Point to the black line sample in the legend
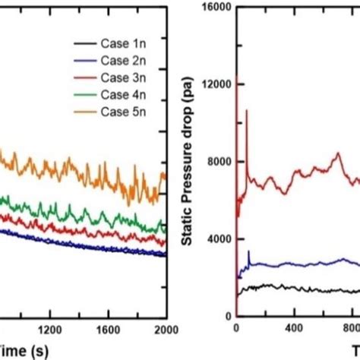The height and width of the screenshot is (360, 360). click(84, 46)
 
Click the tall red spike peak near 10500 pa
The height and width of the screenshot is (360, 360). click(246, 111)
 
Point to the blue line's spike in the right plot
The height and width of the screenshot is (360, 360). click(248, 251)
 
